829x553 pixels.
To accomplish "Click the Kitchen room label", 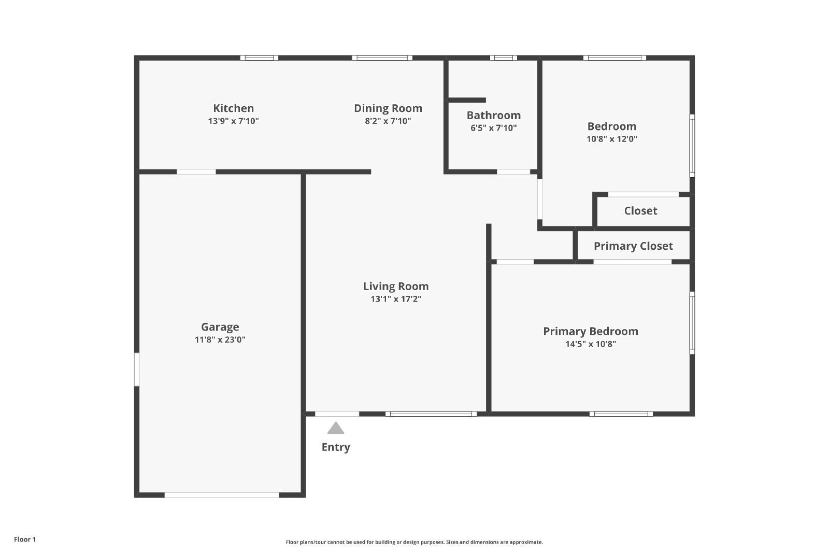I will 233,108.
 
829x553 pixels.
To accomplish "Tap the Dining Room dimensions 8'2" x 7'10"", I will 388,121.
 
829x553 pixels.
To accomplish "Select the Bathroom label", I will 493,115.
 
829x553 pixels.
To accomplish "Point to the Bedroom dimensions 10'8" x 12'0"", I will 611,139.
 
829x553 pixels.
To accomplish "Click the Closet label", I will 640,211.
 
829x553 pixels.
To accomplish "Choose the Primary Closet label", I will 633,246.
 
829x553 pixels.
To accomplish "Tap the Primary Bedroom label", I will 590,331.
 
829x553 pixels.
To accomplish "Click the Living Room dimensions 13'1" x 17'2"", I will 395,299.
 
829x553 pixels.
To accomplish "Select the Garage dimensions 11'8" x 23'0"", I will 220,340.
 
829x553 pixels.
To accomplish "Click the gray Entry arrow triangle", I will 336,429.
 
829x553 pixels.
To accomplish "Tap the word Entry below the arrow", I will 336,447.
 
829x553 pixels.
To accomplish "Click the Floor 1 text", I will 25,540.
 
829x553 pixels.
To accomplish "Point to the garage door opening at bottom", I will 222,495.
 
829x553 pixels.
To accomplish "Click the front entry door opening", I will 337,414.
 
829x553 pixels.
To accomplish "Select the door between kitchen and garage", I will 196,172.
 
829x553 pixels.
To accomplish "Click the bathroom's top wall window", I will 503,58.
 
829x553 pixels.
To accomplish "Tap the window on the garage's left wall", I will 137,370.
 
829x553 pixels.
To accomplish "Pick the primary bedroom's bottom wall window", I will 621,414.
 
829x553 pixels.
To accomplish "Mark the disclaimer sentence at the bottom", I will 414,542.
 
